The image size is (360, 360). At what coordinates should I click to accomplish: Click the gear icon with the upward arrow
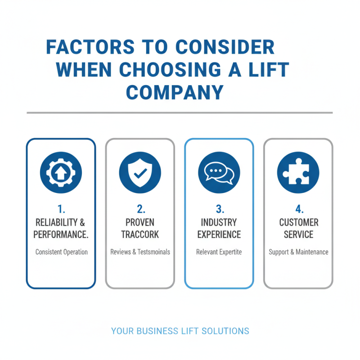(x=61, y=172)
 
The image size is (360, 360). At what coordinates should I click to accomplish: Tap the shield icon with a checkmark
(x=140, y=172)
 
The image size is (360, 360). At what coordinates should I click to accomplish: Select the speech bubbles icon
(x=219, y=172)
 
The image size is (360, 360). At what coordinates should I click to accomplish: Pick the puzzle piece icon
(x=298, y=172)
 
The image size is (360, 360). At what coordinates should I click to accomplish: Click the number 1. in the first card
(x=61, y=209)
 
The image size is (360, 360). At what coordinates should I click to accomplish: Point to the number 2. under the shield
(x=140, y=209)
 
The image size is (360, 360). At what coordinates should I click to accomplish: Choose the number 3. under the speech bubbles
(x=219, y=209)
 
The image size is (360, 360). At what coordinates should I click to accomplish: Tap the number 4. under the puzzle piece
(x=298, y=209)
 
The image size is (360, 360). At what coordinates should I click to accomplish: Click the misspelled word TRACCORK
(x=140, y=234)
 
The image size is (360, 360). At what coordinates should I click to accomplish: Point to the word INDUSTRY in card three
(x=219, y=222)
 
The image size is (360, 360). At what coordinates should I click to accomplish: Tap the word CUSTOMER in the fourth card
(x=298, y=222)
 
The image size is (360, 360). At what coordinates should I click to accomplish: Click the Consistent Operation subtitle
(x=61, y=252)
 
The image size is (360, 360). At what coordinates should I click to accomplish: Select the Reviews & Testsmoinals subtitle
(x=140, y=252)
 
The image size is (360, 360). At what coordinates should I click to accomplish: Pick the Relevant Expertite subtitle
(x=219, y=252)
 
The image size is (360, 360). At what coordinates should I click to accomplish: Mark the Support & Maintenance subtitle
(x=298, y=252)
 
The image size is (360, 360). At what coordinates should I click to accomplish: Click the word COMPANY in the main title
(x=175, y=92)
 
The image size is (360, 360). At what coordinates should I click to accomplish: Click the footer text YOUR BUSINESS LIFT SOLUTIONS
(x=180, y=331)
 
